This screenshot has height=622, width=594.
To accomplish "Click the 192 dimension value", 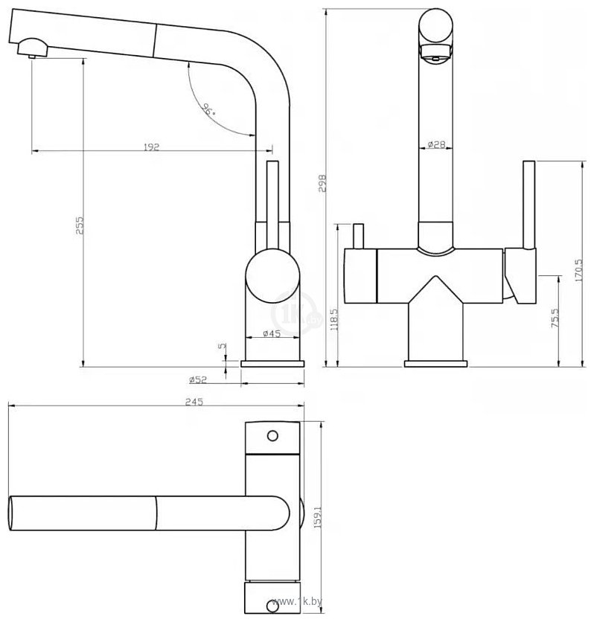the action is [151, 147].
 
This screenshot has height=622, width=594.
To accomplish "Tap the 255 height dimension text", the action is [80, 225].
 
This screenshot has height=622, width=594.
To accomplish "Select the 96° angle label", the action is [208, 109].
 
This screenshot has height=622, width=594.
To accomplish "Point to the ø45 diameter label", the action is [272, 333].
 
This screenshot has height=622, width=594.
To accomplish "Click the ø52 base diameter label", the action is [198, 379].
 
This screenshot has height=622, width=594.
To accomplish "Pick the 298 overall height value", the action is [322, 183].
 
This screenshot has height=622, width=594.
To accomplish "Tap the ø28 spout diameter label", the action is [436, 144].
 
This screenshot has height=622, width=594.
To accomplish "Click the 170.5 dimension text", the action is [578, 270].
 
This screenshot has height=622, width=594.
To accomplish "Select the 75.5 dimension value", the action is [555, 318].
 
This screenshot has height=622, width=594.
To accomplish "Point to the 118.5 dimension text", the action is [333, 319].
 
